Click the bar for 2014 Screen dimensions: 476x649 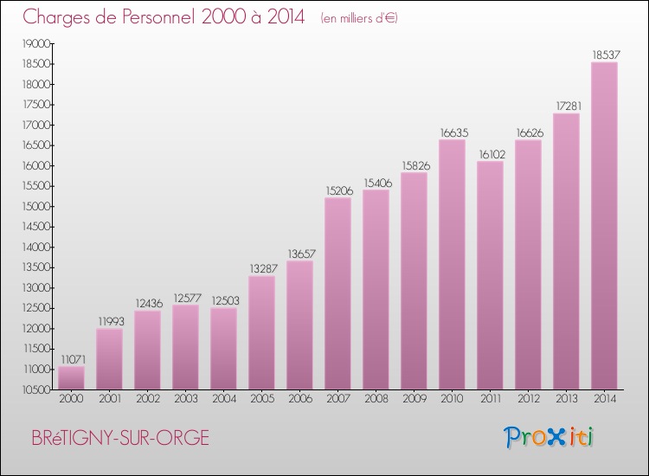coord(604,226)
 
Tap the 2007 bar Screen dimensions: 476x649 coord(337,293)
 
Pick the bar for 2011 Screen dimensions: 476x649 coord(490,275)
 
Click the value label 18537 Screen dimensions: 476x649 coord(604,55)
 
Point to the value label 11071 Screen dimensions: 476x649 coord(71,359)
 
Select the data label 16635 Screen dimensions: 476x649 coord(452,132)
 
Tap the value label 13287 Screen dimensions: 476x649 coord(261,269)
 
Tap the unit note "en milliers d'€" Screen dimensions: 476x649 coord(358,18)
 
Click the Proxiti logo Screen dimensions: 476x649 coord(549,437)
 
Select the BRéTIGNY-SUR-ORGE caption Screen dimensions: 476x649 coord(120,438)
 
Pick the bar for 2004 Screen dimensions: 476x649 coord(223,349)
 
